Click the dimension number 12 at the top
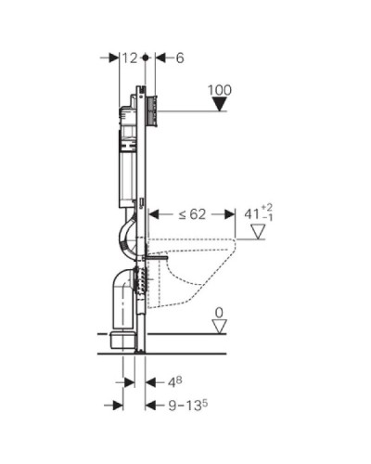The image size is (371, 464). pos(130,58)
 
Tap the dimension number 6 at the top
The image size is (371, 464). pos(180,58)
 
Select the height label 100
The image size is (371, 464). pos(220,90)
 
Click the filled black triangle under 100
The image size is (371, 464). pos(220,104)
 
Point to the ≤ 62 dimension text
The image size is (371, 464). pos(192,214)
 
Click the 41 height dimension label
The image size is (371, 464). pos(259,213)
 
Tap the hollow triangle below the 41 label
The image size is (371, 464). pos(258,232)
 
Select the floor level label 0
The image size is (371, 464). pos(219,313)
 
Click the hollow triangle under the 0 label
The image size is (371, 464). pos(220,327)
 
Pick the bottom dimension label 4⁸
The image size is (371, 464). pos(174,382)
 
